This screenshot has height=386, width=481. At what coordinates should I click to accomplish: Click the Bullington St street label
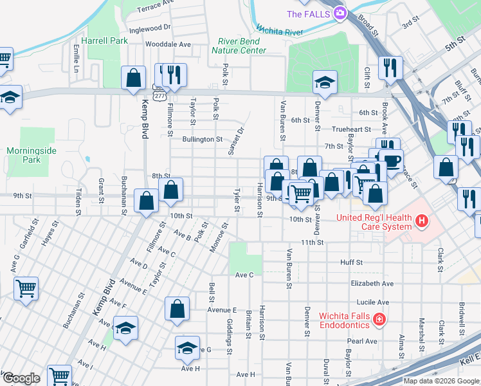point(202,139)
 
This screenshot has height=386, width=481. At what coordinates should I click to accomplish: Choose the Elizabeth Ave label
point(372,283)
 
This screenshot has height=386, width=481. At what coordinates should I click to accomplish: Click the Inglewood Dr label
point(149,28)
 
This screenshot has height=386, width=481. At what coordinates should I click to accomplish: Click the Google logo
point(21,378)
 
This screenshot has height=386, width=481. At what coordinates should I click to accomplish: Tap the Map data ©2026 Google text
point(440,381)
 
